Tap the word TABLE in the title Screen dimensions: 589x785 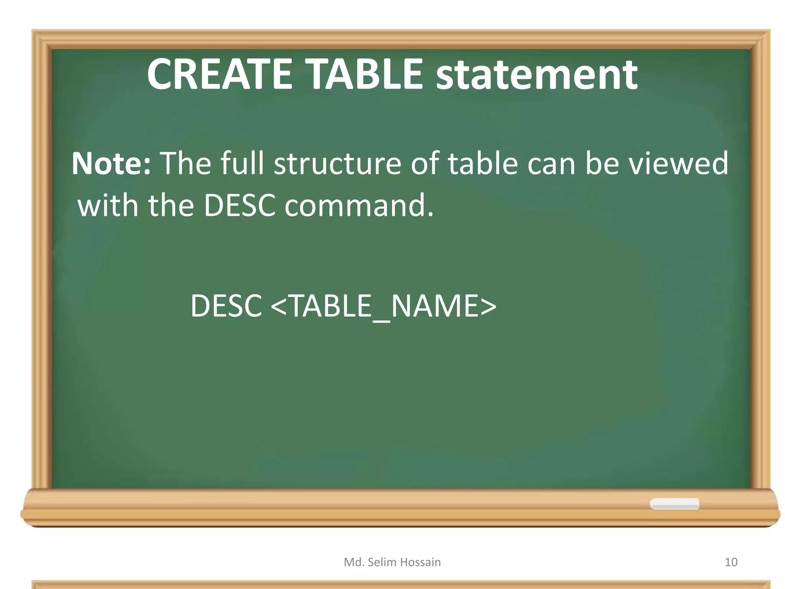(x=364, y=74)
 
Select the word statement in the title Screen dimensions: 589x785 (x=537, y=75)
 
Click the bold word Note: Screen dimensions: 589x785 (x=111, y=164)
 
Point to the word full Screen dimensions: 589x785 (x=242, y=164)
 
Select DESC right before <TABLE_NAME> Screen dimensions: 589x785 (x=226, y=306)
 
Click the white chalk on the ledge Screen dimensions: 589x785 (x=674, y=503)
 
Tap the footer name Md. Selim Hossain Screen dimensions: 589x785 (x=392, y=562)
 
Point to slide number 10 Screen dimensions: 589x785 (x=731, y=562)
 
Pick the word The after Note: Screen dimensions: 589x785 (x=186, y=164)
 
